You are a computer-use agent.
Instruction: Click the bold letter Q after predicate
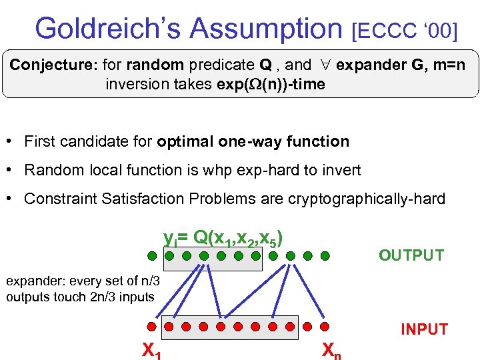[265, 65]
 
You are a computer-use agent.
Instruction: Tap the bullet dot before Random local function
[11, 170]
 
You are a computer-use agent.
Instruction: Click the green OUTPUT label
[411, 255]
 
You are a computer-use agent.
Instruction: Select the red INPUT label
[424, 329]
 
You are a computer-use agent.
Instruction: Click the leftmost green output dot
[152, 255]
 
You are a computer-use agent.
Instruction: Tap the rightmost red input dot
[325, 327]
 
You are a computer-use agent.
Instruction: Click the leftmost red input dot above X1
[151, 327]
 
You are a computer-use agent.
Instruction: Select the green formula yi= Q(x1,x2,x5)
[227, 237]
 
